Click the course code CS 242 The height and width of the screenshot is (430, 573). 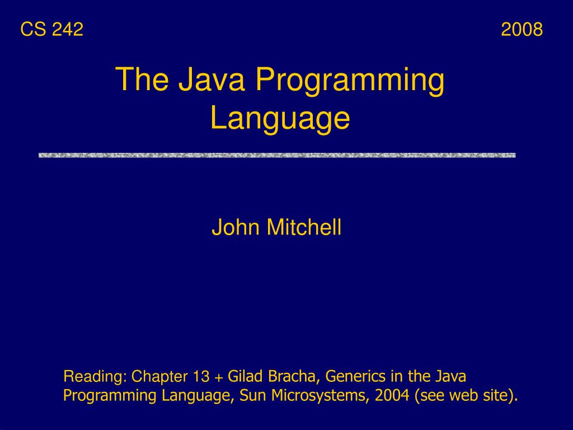51,29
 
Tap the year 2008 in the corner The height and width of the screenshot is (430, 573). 522,29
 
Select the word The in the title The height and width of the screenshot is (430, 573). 142,80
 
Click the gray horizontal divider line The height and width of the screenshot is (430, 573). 277,155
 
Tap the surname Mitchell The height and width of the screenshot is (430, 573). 304,228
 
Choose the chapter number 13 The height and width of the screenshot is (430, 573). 201,377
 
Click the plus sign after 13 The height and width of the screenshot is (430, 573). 218,377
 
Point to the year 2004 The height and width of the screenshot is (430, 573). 392,395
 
